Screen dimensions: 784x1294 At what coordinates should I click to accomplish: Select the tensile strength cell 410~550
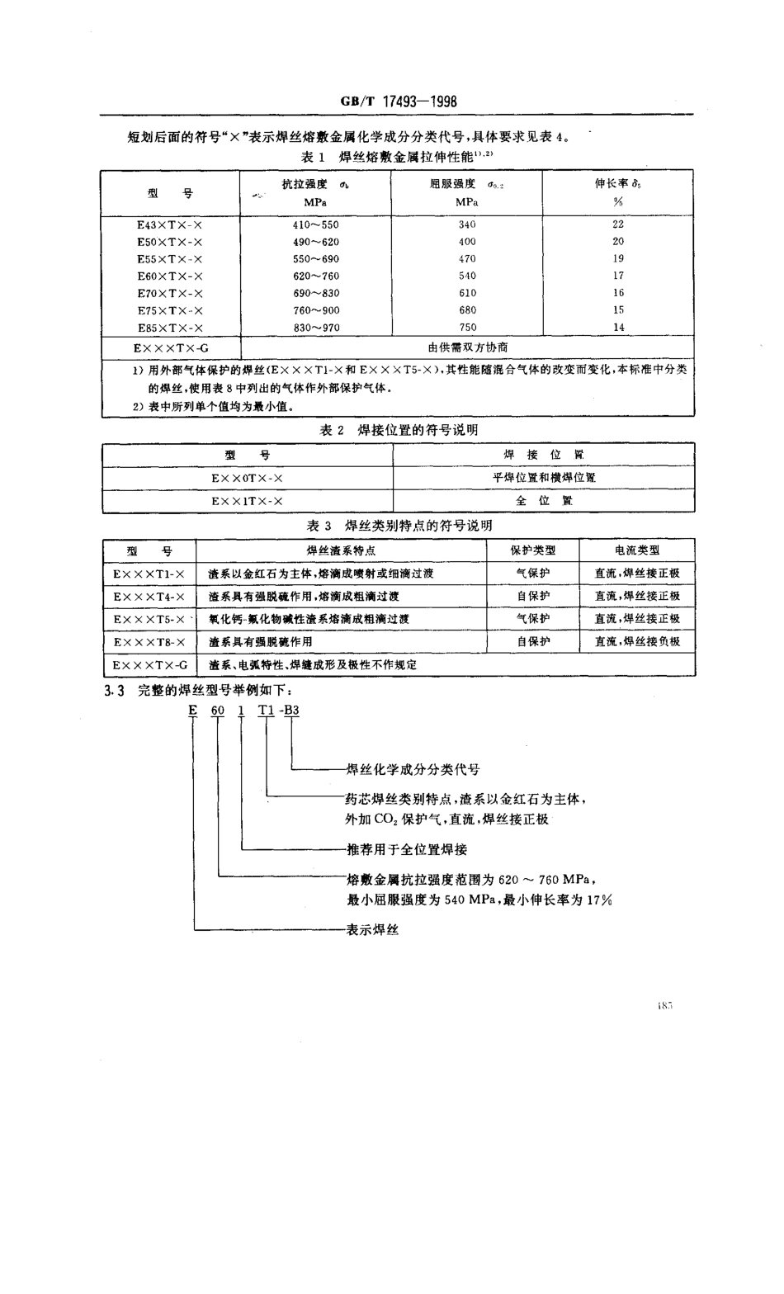315,224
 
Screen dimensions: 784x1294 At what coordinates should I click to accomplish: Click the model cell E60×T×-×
170,276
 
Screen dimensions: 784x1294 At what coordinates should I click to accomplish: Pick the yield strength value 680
467,310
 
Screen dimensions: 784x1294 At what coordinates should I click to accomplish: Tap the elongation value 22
618,224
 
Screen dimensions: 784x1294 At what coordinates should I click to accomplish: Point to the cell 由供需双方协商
467,347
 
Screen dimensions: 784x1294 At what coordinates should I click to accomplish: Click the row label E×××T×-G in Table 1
170,347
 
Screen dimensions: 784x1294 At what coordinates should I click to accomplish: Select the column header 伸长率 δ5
618,184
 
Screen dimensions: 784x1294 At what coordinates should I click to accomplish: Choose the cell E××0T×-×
247,478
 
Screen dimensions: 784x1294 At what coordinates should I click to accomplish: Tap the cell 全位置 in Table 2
544,500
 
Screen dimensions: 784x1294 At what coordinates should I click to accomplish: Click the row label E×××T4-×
149,596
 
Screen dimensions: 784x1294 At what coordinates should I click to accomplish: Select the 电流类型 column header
637,550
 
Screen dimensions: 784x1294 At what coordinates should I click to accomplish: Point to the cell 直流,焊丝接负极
637,641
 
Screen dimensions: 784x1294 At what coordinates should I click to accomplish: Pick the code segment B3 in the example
292,710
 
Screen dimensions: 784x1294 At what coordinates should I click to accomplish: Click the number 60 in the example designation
218,710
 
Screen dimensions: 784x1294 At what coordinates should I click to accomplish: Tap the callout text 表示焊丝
372,930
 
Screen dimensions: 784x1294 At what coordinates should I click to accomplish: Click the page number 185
667,1005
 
